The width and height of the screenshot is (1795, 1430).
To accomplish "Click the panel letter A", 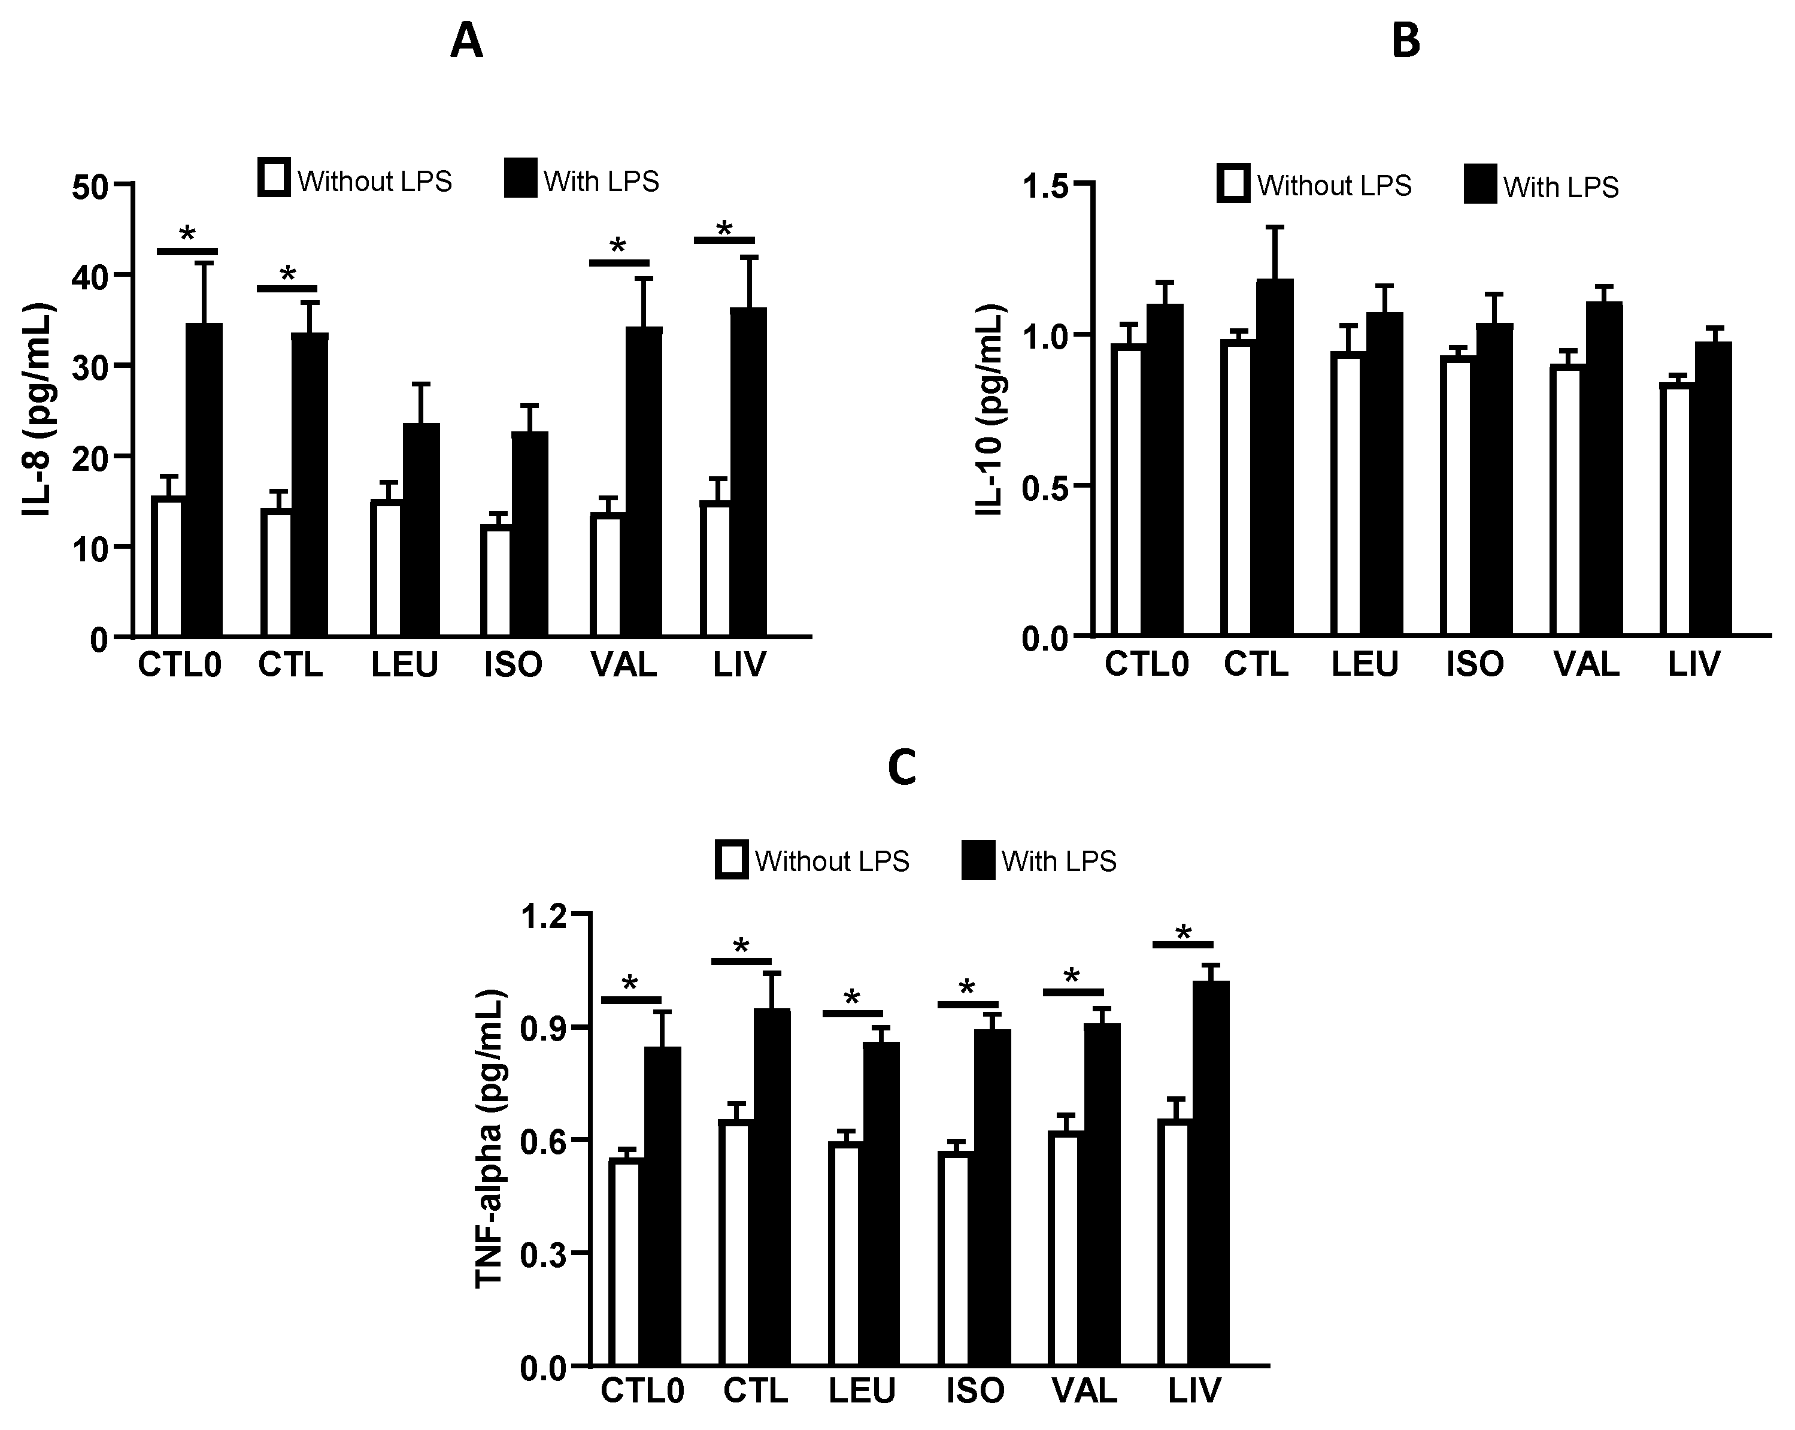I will click(x=466, y=41).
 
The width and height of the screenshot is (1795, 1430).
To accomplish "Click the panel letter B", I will click(x=1406, y=41).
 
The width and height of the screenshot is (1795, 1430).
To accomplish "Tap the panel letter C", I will click(x=902, y=769).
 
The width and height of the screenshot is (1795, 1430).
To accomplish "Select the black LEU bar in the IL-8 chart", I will click(x=422, y=530).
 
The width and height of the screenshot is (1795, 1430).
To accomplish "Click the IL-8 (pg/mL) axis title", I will click(x=38, y=410).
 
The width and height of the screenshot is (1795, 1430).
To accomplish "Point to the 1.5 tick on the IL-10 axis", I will click(x=1045, y=185).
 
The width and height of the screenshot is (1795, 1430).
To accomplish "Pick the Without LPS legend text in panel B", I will click(x=1334, y=186).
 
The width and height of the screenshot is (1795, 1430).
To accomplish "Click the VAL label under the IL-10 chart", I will click(x=1586, y=664).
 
